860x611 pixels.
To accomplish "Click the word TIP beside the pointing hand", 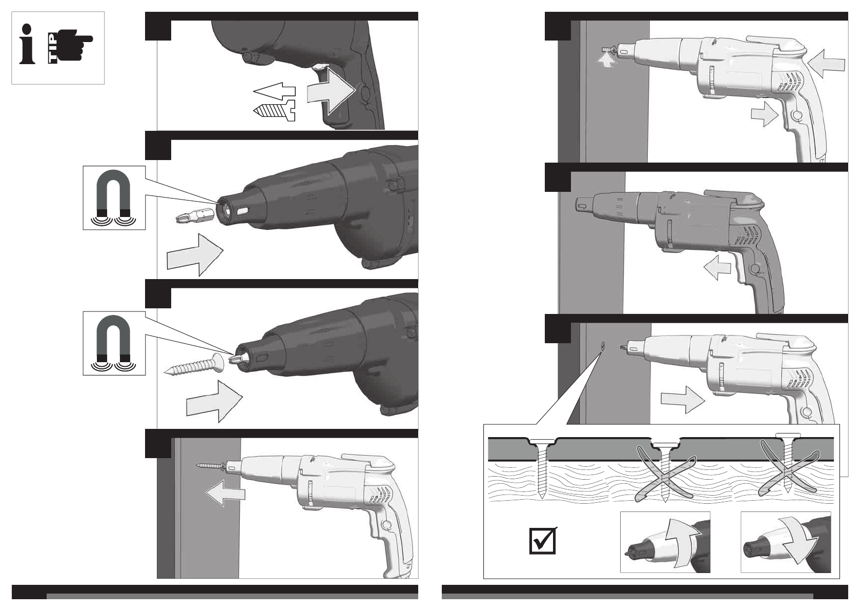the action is tap(53, 48).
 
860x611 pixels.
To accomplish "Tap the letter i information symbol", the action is tap(27, 44).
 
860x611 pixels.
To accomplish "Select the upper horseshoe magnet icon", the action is tap(113, 197).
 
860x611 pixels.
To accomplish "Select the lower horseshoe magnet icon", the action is tap(113, 343).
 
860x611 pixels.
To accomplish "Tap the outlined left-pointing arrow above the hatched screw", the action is tap(274, 91).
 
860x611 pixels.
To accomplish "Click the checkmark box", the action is tap(542, 540).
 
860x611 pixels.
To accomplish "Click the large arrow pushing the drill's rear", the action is tap(826, 63).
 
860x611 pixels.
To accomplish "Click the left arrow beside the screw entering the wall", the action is tap(225, 492).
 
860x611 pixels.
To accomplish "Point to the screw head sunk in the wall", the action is tap(603, 345).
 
